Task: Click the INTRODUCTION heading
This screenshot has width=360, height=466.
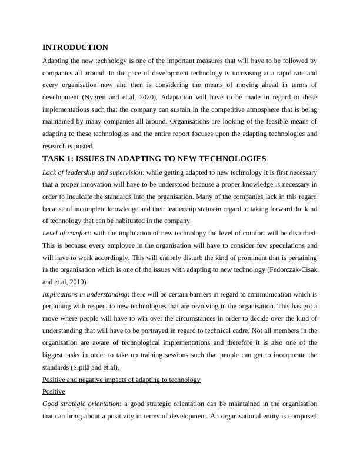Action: coord(75,48)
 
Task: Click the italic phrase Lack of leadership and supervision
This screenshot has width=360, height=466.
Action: coord(92,172)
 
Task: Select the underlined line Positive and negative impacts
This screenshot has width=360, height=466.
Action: coord(122,380)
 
